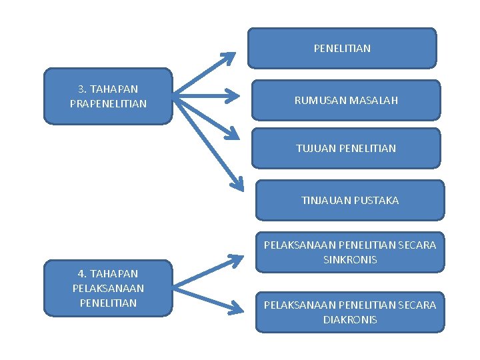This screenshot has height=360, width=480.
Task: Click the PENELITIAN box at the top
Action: [x=342, y=48]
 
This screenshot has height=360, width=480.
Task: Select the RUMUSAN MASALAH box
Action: [x=346, y=100]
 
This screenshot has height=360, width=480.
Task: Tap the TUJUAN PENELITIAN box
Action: [x=346, y=148]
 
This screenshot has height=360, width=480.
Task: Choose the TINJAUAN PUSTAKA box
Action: [x=350, y=200]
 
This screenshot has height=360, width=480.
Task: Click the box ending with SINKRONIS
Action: [x=350, y=252]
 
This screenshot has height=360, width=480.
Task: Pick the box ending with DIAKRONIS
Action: [x=350, y=312]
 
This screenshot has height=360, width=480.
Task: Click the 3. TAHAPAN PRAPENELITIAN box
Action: [x=108, y=96]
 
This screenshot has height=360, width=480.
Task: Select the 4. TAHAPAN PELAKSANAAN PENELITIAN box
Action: [x=108, y=288]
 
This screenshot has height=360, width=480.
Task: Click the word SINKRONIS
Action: [x=350, y=259]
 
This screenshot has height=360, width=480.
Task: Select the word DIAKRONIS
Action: [x=350, y=319]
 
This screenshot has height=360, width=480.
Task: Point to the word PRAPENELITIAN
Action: [x=108, y=103]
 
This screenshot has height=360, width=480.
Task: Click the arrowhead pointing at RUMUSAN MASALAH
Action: [x=233, y=97]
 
